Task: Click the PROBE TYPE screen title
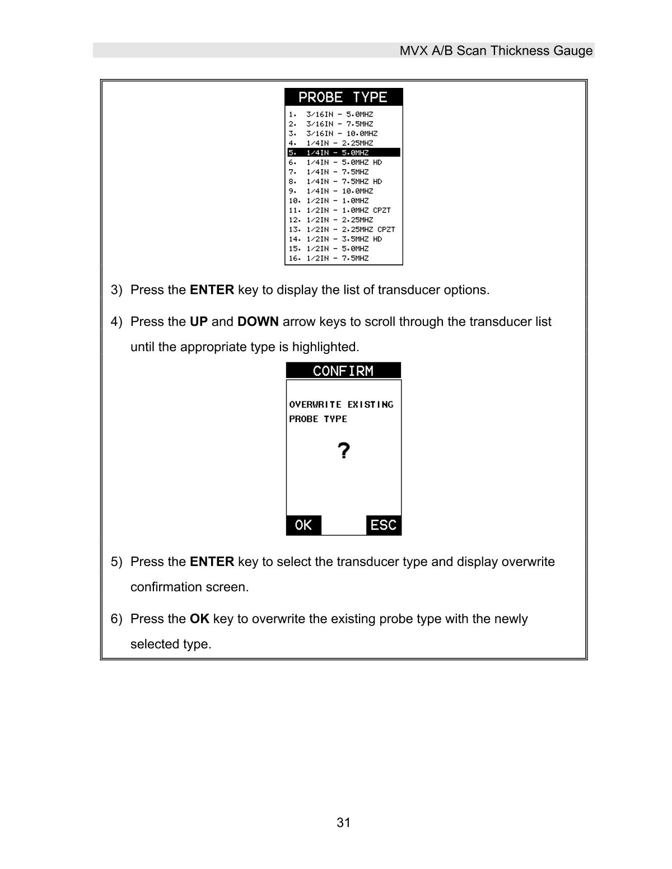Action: (x=343, y=97)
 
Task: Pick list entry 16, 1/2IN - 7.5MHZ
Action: (x=329, y=258)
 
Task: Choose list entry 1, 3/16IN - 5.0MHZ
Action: (x=331, y=114)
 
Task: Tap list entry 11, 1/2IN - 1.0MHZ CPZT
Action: (x=340, y=210)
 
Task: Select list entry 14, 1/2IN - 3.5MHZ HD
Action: (x=335, y=239)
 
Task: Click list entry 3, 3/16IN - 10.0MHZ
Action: (x=333, y=133)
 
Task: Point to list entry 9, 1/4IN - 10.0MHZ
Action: (x=331, y=191)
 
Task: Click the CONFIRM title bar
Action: (x=343, y=371)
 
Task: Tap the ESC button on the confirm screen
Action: (x=384, y=525)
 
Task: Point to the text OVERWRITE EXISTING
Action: (x=341, y=404)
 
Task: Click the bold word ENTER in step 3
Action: (x=212, y=290)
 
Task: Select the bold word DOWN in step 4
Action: (x=258, y=322)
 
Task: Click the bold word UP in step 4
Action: (x=199, y=322)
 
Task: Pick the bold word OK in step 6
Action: (x=199, y=619)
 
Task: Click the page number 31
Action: (x=343, y=823)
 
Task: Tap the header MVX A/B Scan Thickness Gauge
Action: (x=496, y=51)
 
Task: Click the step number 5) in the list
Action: (x=116, y=562)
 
